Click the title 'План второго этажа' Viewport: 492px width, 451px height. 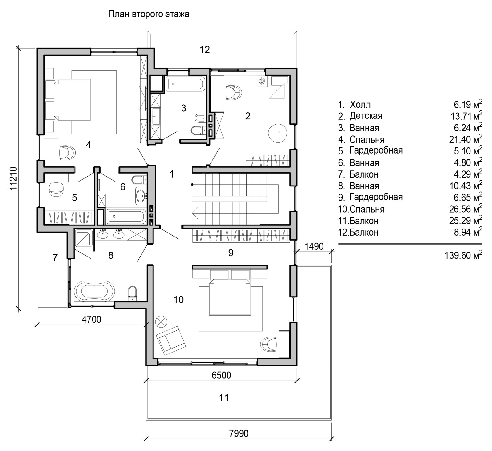coord(149,14)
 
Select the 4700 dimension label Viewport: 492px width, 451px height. coord(91,319)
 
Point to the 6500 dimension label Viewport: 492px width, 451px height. coord(221,375)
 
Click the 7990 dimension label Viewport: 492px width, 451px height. coord(239,433)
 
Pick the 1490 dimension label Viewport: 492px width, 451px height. coord(314,246)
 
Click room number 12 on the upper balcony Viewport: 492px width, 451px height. coord(205,49)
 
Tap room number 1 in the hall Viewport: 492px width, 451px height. coord(172,174)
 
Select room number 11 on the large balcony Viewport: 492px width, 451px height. coord(224,398)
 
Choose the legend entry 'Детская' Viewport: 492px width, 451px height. coord(366,116)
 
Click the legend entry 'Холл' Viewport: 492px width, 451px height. coord(360,105)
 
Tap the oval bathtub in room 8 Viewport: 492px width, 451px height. coord(94,291)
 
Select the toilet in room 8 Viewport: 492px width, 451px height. coord(132,293)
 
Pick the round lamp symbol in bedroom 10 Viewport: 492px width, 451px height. coord(161,322)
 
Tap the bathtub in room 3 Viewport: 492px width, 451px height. coord(185,84)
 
